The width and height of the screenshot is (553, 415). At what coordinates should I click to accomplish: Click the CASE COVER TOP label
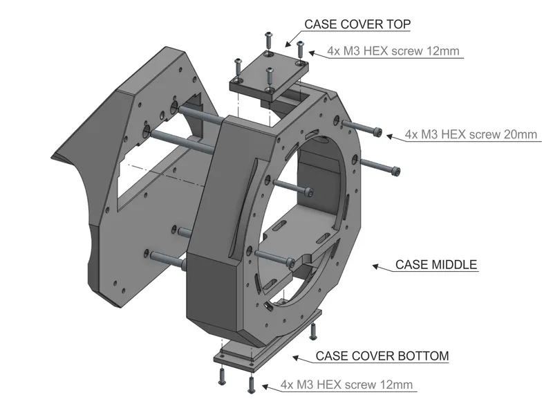(x=357, y=25)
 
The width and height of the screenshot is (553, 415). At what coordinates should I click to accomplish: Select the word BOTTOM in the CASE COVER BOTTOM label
(x=422, y=356)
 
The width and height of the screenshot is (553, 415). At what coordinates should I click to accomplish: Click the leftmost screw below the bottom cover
(x=222, y=377)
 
